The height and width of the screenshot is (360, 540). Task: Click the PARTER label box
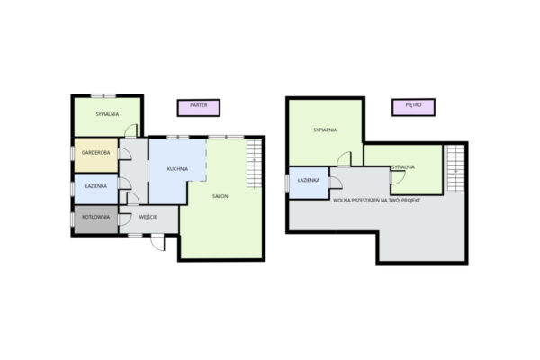point(199,108)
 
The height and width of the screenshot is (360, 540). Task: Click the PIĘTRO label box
point(413,107)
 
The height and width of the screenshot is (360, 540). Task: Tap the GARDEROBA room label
point(96,153)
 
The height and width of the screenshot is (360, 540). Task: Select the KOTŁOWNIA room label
point(96,218)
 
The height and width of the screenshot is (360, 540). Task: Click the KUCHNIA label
point(177,169)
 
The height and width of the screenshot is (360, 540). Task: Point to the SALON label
point(220,196)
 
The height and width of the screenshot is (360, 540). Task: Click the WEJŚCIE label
point(148,217)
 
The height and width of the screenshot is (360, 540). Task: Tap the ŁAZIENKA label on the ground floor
point(96,186)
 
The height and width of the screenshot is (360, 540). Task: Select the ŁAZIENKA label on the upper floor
point(309,180)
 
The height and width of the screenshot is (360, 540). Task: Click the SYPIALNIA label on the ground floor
point(107,114)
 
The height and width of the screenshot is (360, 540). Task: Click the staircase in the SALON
point(254,163)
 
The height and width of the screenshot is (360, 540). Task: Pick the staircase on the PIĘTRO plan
point(456,168)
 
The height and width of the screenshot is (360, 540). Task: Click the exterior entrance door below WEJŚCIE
point(157,242)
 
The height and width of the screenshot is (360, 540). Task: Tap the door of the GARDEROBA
point(124,154)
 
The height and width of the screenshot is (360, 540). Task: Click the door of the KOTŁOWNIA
point(124,220)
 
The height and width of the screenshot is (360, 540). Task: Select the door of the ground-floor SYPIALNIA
point(130,130)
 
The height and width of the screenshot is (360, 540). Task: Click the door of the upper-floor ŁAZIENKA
point(336,183)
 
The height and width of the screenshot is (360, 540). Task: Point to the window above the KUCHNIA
point(177,137)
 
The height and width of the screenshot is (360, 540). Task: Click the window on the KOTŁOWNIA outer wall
point(72,220)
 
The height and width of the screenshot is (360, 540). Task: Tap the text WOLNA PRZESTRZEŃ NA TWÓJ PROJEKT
point(377,200)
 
